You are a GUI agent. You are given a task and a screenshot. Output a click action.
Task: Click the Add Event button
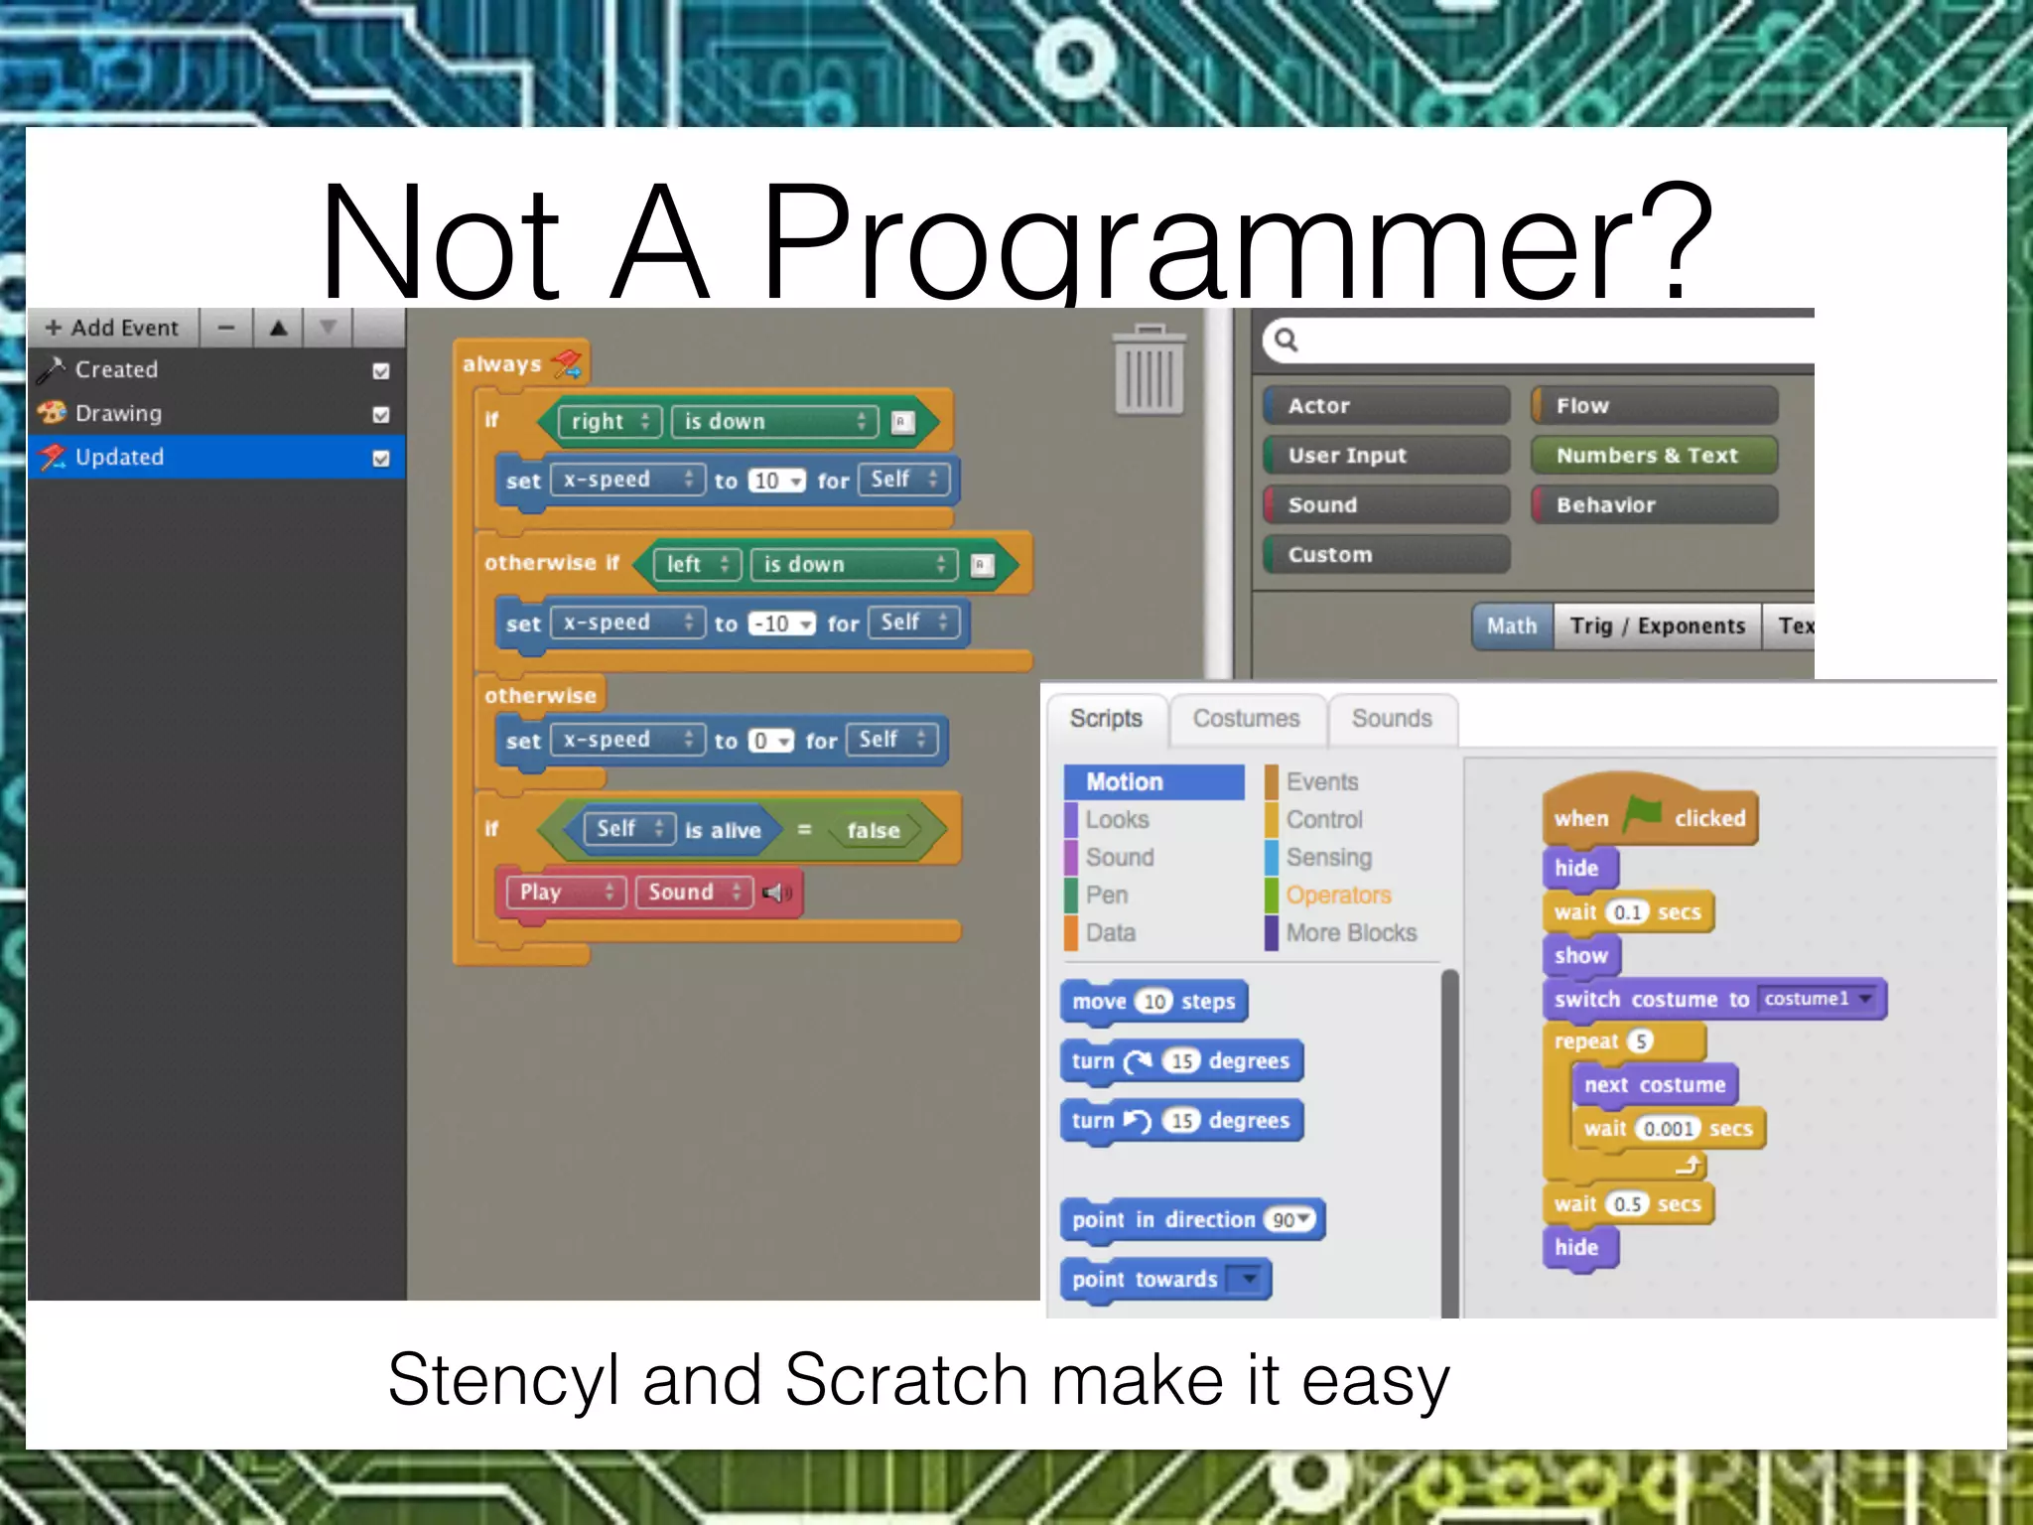click(x=112, y=328)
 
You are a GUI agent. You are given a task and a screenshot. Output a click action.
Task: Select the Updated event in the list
click(x=119, y=457)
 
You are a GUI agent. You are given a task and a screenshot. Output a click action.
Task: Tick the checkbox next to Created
click(x=380, y=371)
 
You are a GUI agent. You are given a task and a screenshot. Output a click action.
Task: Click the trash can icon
click(x=1149, y=369)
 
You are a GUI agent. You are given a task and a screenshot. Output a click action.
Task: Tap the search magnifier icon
click(x=1286, y=341)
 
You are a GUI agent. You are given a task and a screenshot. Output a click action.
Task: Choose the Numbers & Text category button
click(x=1653, y=456)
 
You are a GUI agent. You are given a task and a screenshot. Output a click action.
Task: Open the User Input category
click(x=1386, y=456)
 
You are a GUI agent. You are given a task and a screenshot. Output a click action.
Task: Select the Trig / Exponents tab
click(x=1657, y=626)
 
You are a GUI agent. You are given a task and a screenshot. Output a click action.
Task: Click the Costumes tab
click(x=1246, y=719)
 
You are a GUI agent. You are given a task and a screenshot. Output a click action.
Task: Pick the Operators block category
click(x=1338, y=896)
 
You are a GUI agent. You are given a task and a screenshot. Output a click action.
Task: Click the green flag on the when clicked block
click(x=1642, y=814)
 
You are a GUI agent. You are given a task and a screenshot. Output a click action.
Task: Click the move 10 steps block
click(x=1152, y=1002)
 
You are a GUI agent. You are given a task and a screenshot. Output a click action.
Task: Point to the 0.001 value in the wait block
click(x=1668, y=1129)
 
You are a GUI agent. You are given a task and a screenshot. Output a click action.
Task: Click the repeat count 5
click(x=1641, y=1041)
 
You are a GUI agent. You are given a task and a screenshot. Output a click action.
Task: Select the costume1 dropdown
click(x=1819, y=999)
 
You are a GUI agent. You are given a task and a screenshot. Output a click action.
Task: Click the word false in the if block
click(x=873, y=831)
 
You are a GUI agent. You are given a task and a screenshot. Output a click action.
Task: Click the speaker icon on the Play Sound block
click(x=775, y=893)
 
